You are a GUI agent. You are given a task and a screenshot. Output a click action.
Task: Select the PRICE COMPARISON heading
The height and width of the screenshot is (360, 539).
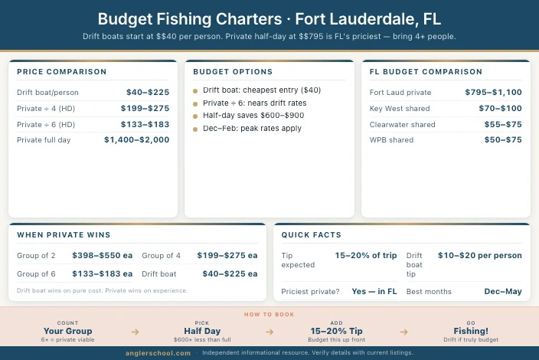tap(62, 72)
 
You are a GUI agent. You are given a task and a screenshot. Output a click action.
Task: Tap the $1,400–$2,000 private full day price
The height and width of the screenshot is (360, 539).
tap(137, 140)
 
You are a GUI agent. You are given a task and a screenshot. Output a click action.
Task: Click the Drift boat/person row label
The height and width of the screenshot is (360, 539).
tap(47, 92)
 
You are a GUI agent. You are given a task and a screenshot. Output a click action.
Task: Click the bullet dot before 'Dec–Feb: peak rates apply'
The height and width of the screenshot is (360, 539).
tap(195, 129)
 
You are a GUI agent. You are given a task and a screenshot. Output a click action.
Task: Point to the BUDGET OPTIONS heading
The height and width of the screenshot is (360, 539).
tap(233, 72)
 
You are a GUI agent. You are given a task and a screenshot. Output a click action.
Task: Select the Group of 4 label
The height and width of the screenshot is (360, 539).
tap(162, 255)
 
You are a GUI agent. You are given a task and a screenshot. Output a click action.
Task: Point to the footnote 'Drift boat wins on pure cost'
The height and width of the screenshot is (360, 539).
tap(102, 290)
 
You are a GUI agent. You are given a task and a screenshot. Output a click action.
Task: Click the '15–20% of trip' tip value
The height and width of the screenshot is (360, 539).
tap(365, 255)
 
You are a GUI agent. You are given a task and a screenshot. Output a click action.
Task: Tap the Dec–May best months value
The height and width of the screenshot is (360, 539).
tap(503, 291)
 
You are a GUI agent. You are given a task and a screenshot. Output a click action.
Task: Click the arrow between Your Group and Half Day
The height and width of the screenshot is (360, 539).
tap(135, 332)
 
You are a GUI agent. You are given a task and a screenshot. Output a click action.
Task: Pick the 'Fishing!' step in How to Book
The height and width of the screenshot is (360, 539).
tap(471, 331)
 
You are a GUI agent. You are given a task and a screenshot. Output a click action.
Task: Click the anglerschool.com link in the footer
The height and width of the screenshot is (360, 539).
tap(158, 353)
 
